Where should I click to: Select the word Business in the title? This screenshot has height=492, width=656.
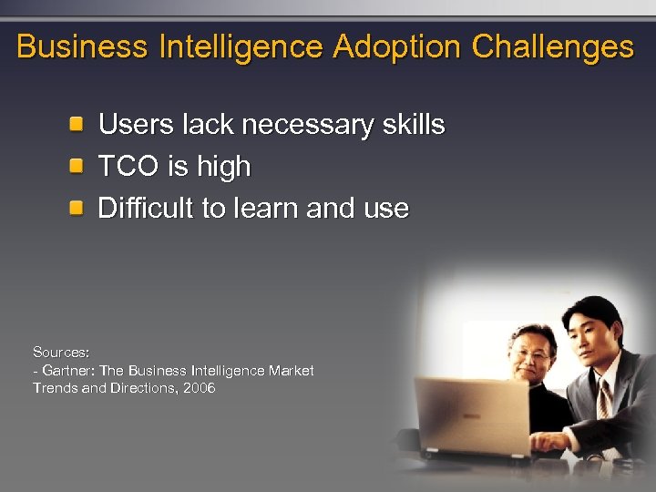click(83, 46)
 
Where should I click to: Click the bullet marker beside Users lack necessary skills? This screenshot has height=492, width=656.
click(80, 124)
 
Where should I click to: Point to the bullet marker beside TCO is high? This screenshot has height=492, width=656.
click(80, 166)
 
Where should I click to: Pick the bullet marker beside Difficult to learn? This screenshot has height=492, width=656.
click(80, 208)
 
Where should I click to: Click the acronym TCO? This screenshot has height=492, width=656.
click(128, 167)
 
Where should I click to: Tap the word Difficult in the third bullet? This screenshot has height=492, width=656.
click(146, 209)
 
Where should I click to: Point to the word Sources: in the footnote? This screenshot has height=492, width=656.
click(61, 352)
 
